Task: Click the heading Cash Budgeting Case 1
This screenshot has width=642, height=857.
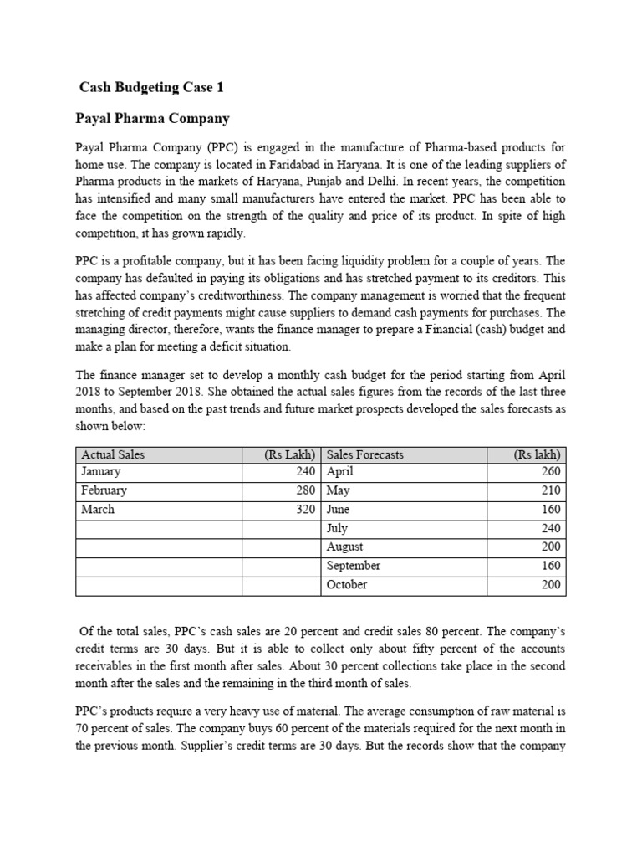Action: click(x=151, y=87)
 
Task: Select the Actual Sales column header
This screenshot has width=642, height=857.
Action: click(x=113, y=454)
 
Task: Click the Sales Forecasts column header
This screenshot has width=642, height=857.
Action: click(x=364, y=454)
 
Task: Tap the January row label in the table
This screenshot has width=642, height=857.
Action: click(x=101, y=472)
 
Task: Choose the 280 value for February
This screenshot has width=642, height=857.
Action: click(x=304, y=490)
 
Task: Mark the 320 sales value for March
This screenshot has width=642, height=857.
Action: click(x=304, y=509)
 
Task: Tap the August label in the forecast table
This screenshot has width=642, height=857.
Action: click(x=344, y=547)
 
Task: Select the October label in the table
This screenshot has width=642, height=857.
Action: click(x=346, y=584)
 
